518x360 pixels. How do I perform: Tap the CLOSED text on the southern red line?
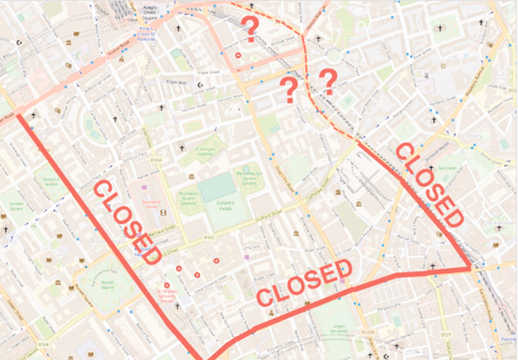[x=304, y=283]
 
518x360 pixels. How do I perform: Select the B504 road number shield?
[x=156, y=160]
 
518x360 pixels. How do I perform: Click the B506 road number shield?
[x=44, y=343]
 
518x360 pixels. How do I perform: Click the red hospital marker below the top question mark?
[x=239, y=55]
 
